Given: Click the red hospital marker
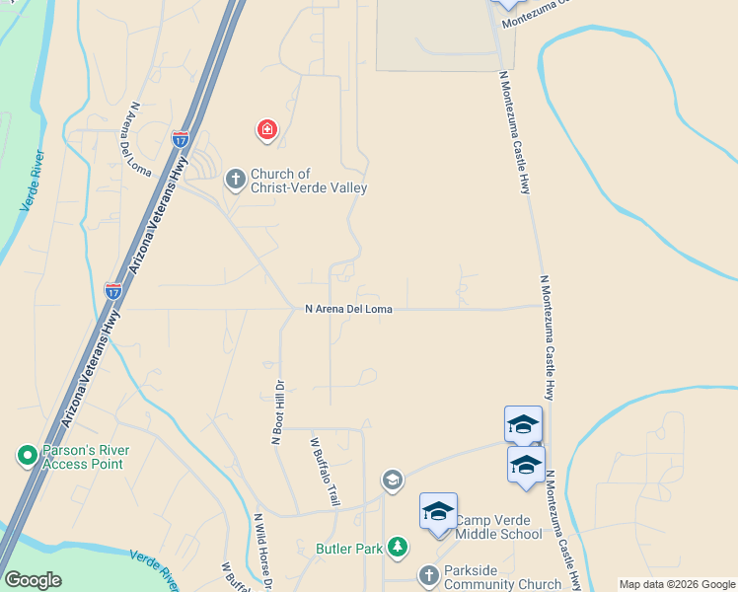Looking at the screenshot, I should coord(266,129).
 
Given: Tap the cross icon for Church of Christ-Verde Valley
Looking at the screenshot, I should coord(235,180).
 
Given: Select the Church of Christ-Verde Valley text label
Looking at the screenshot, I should coord(308,181).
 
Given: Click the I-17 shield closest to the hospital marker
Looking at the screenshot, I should coord(180,141).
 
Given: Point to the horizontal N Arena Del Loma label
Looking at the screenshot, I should coord(348,309).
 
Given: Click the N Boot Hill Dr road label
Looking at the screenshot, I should coord(277,411).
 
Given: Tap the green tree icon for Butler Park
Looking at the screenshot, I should coord(397,547).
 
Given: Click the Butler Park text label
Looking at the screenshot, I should coord(348,549).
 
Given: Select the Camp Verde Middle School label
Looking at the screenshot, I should coord(498,527).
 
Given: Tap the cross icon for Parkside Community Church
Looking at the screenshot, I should coord(428,575).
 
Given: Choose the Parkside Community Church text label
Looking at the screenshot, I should coord(502,576).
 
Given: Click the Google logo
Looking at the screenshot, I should coord(33,580).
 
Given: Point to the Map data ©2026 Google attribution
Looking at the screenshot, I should coord(677,584).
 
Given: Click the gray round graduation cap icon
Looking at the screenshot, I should coord(393,480).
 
